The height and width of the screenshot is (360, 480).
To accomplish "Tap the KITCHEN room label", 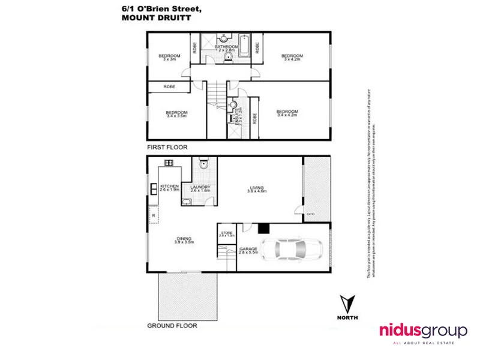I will pyautogui.click(x=169, y=187).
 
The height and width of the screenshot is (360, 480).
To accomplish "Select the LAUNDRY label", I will pyautogui.click(x=200, y=187).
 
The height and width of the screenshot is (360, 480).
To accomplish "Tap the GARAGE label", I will pyautogui.click(x=248, y=250).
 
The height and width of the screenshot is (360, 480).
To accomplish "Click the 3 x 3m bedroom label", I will pyautogui.click(x=169, y=58).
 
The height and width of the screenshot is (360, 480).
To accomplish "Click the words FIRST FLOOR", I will pyautogui.click(x=167, y=147).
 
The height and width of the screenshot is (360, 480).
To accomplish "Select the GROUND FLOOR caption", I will pyautogui.click(x=172, y=326).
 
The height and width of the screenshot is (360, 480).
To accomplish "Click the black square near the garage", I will pyautogui.click(x=262, y=227).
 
